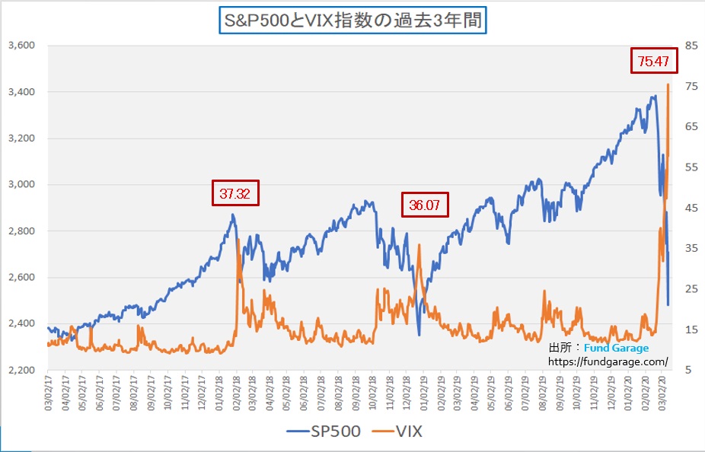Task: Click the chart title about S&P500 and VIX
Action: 352,21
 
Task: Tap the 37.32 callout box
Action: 235,193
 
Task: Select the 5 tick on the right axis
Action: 687,370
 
